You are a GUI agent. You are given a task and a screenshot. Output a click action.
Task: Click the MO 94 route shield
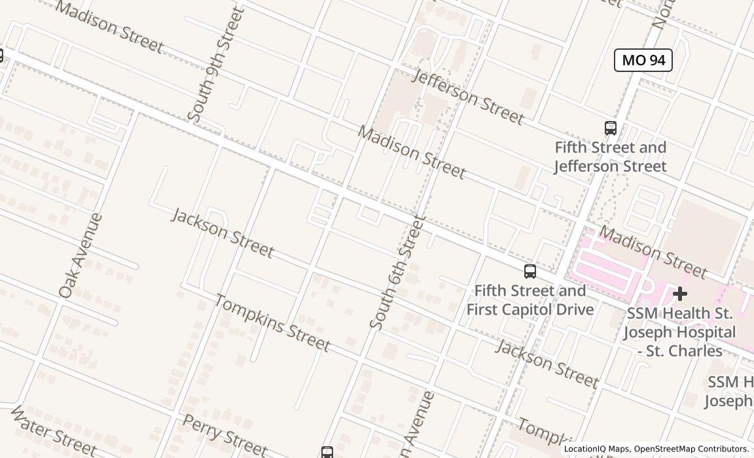tap(643, 60)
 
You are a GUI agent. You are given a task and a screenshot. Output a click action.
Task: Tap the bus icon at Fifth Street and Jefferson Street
tap(611, 128)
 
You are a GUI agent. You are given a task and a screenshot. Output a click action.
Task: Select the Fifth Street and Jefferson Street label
tap(610, 157)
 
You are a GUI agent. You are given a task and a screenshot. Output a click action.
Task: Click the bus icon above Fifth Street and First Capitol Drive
tap(530, 271)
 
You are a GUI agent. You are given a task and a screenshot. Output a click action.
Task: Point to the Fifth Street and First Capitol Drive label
tap(530, 300)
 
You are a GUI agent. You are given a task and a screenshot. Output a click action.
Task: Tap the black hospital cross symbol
tap(680, 294)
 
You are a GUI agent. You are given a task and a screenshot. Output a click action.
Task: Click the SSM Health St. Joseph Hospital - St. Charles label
tap(679, 332)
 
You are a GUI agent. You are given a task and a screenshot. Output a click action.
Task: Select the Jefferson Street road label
tap(468, 97)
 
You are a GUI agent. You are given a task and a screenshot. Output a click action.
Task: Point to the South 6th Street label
tap(397, 273)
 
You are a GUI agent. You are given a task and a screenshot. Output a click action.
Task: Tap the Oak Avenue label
tap(81, 256)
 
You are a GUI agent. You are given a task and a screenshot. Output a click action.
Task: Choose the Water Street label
tap(54, 431)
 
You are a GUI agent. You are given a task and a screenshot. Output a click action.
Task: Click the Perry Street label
tap(224, 436)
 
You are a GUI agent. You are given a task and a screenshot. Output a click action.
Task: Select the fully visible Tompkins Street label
tap(272, 323)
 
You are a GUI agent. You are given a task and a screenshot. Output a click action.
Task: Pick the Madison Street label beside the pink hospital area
tap(653, 252)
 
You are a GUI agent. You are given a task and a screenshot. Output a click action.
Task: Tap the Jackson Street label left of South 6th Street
tap(222, 232)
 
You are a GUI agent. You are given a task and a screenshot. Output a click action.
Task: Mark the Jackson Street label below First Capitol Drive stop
tap(547, 363)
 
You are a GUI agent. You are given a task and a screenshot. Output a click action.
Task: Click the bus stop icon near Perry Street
tap(327, 451)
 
